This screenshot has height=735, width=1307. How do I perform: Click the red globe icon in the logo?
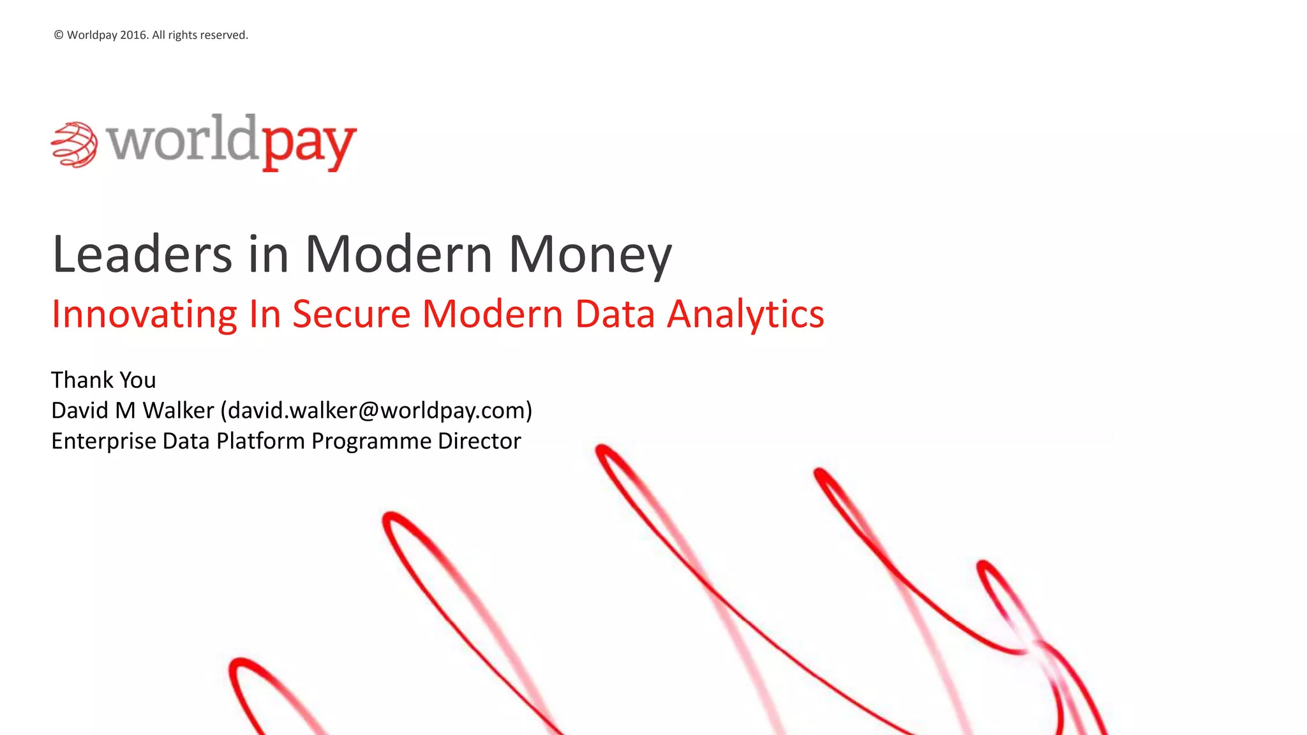pyautogui.click(x=74, y=144)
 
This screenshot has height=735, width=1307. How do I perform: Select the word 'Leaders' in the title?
pyautogui.click(x=142, y=254)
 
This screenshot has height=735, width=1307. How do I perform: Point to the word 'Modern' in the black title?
pyautogui.click(x=399, y=254)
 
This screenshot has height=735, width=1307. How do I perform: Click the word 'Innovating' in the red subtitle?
pyautogui.click(x=144, y=315)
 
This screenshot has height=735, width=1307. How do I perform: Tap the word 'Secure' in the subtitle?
pyautogui.click(x=351, y=314)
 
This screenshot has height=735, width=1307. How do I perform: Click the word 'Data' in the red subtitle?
pyautogui.click(x=615, y=314)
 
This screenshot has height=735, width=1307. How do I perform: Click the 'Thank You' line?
pyautogui.click(x=103, y=380)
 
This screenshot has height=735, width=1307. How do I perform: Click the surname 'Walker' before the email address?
pyautogui.click(x=178, y=411)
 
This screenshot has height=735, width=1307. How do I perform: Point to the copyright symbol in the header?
pyautogui.click(x=59, y=35)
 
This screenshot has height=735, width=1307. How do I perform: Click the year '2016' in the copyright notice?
pyautogui.click(x=134, y=35)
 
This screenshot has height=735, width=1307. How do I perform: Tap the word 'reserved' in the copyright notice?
pyautogui.click(x=225, y=35)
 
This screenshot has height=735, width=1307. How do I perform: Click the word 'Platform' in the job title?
pyautogui.click(x=260, y=442)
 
